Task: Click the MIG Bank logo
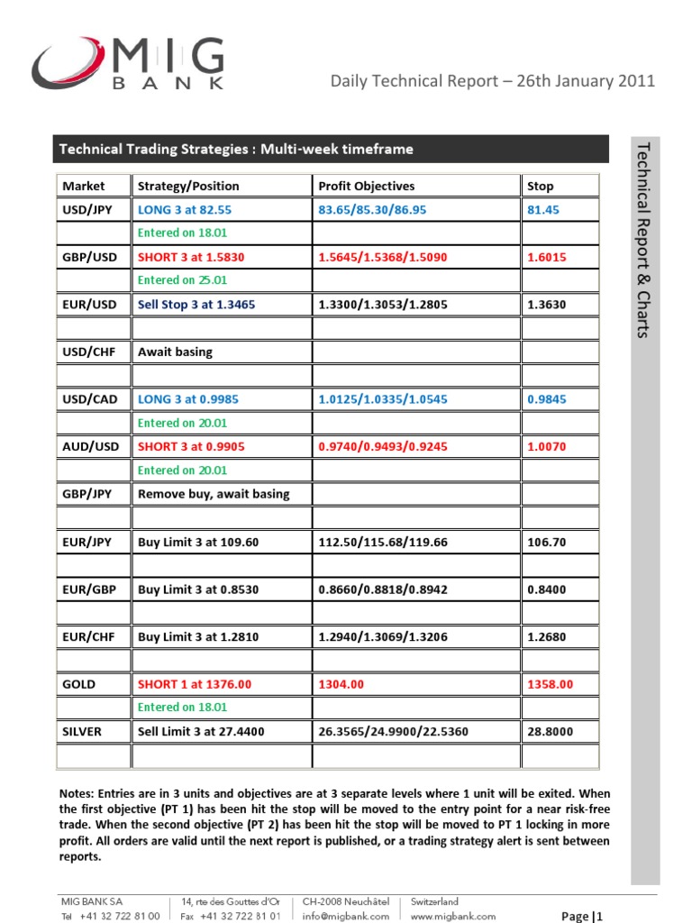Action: [128, 64]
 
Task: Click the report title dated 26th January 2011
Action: [493, 81]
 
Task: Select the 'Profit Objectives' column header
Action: [367, 186]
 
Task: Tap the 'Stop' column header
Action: [540, 186]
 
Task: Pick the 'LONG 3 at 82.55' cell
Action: [185, 209]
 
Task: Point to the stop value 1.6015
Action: [547, 257]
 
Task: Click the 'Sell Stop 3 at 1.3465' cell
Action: [196, 305]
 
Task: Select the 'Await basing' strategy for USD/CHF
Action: [175, 352]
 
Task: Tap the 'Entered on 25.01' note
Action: [182, 280]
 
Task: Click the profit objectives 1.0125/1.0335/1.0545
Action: [382, 399]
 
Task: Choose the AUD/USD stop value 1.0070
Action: [547, 446]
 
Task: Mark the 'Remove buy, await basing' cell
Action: [214, 493]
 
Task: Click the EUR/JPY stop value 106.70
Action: [547, 542]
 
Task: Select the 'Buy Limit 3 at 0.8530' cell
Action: [198, 589]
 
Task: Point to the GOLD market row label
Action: [79, 684]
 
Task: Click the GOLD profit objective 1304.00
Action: [341, 684]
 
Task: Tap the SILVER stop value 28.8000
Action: [550, 732]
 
